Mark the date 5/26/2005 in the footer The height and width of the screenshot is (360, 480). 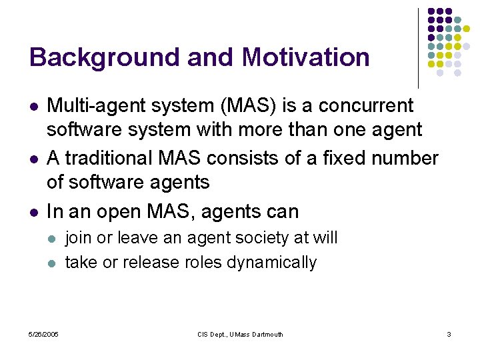click(43, 334)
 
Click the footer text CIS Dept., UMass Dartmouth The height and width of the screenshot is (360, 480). click(239, 334)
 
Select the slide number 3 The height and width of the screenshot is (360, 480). click(449, 334)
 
